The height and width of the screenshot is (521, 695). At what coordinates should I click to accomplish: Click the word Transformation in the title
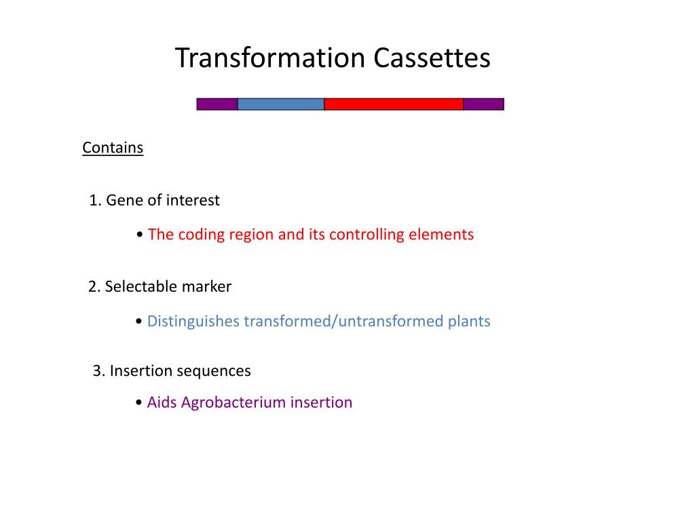271,58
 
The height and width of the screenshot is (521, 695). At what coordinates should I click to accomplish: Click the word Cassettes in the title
432,58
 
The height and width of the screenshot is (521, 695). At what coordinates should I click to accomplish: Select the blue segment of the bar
280,104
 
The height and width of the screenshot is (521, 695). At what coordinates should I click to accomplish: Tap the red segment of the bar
394,104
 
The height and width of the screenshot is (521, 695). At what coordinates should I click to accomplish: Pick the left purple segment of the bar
217,104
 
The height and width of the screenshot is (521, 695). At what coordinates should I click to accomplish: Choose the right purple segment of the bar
483,104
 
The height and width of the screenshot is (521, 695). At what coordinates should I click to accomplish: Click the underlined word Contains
113,148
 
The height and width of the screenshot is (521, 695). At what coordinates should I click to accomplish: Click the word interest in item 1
193,201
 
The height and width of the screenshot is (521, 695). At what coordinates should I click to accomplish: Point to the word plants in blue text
468,322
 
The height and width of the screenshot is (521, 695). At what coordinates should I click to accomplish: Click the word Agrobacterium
233,403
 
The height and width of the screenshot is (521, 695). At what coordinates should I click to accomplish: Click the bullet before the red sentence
139,235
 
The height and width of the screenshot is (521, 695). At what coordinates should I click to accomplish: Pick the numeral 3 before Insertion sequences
97,372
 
